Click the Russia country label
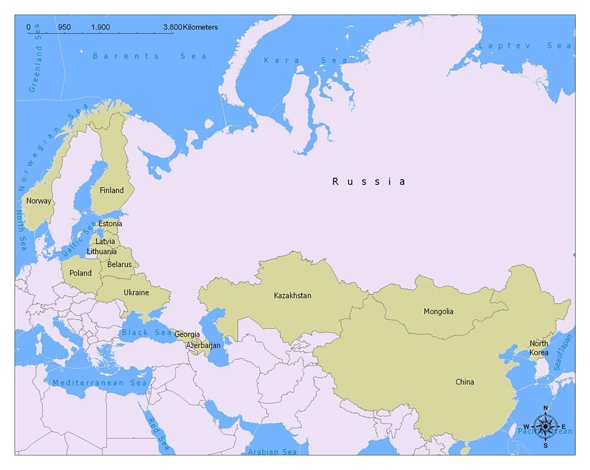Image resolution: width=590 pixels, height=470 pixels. click(x=369, y=182)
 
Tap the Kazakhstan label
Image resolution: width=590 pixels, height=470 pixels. click(x=292, y=295)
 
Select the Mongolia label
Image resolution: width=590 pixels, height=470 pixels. click(x=438, y=311)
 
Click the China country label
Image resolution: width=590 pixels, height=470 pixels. click(x=464, y=382)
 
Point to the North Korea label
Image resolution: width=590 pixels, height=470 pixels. click(x=539, y=348)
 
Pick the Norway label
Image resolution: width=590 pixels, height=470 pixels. click(x=38, y=201)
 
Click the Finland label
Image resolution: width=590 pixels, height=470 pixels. click(x=112, y=190)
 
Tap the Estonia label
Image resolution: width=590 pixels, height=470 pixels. click(x=110, y=224)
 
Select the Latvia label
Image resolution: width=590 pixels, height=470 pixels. click(x=106, y=241)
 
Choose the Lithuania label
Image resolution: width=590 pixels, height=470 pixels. click(x=101, y=251)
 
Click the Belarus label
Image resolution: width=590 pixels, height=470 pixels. click(x=119, y=264)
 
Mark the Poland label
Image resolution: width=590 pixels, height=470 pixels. click(x=81, y=273)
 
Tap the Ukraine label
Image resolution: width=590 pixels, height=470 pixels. click(x=136, y=292)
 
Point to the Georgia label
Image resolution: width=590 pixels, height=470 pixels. click(x=187, y=334)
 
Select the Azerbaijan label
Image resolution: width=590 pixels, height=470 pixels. click(x=203, y=345)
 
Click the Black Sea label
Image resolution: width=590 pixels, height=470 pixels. click(x=146, y=333)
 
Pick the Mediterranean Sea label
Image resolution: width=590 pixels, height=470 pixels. click(x=99, y=383)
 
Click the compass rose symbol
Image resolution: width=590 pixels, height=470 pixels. click(x=546, y=426)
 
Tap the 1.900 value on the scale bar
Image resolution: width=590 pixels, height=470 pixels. click(x=100, y=27)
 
